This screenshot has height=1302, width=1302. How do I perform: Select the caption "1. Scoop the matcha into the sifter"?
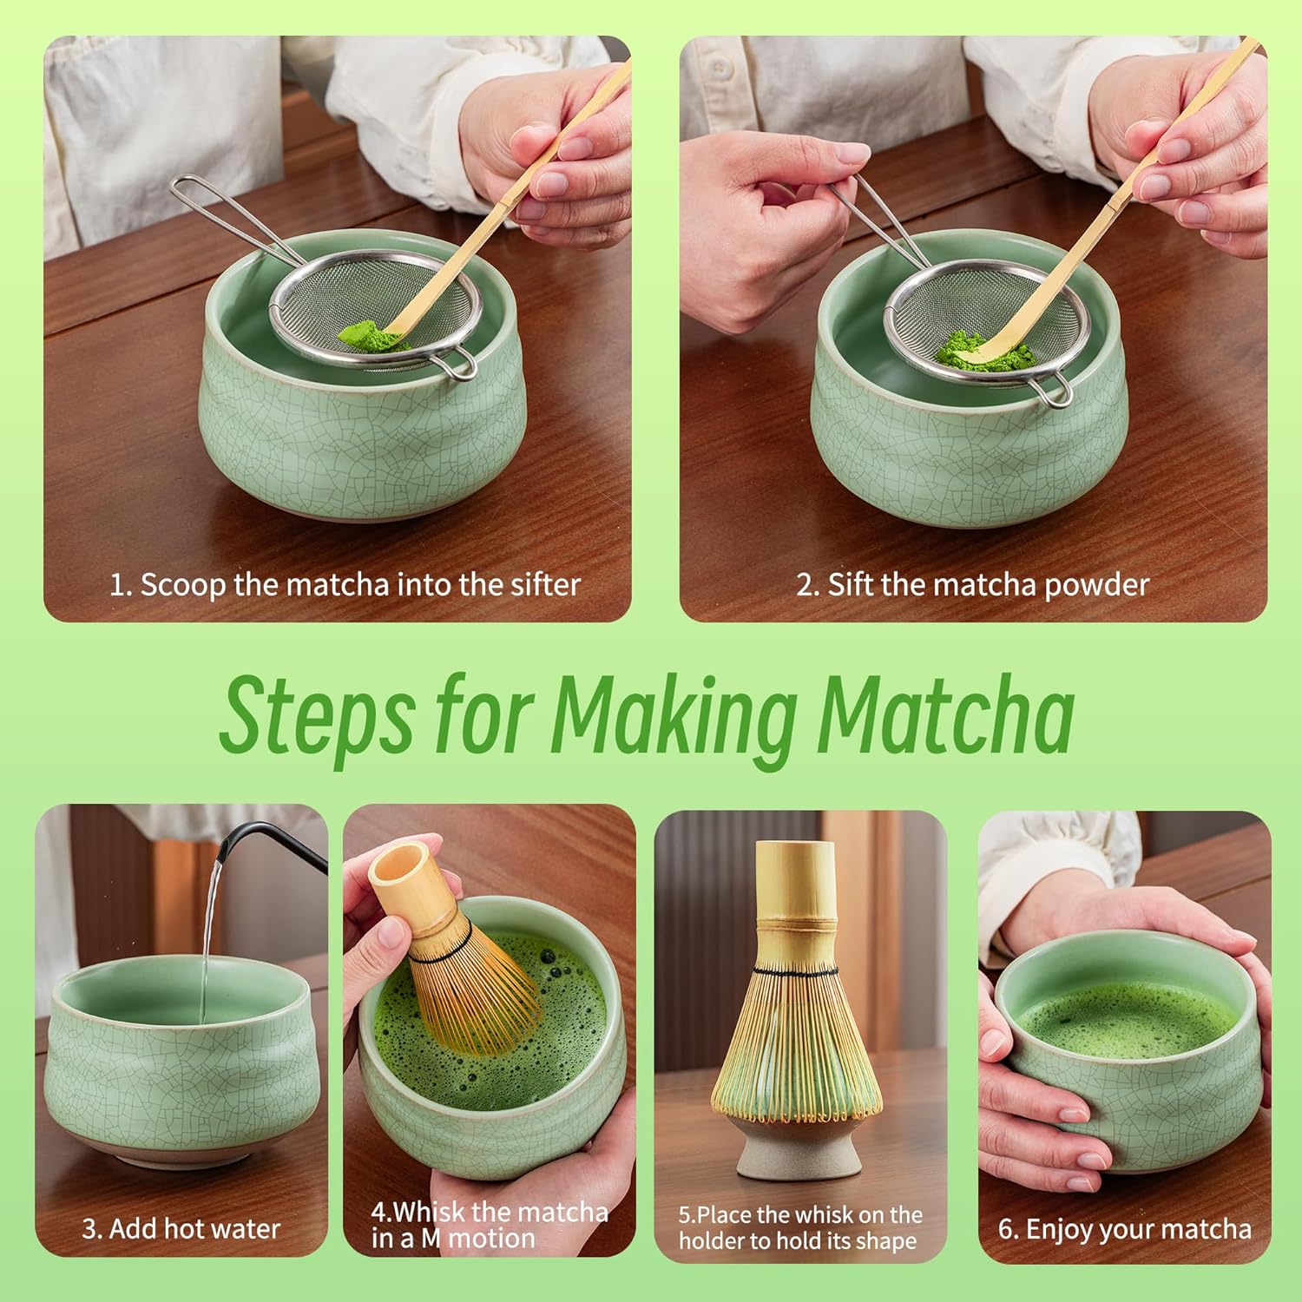345,584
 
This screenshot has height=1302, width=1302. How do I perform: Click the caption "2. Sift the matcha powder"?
972,584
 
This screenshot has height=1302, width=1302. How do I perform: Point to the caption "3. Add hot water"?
181,1228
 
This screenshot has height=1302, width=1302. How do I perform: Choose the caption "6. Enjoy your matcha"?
1125,1228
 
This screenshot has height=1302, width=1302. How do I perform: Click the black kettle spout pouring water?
252,838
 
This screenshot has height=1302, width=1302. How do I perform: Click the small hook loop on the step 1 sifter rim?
457,365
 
